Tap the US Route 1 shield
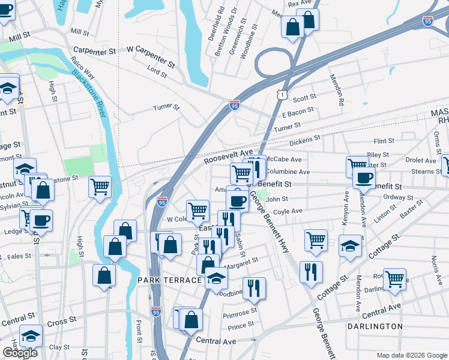[x=282, y=94]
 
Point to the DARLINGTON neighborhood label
[x=375, y=326]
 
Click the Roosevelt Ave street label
[x=228, y=158]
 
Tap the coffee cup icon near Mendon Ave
[x=363, y=176]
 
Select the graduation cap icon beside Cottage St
[x=350, y=245]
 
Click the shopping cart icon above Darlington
[x=394, y=278]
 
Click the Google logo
[x=19, y=353]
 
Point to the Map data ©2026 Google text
[x=411, y=355]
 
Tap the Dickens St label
[x=305, y=141]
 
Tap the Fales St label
[x=19, y=256]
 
